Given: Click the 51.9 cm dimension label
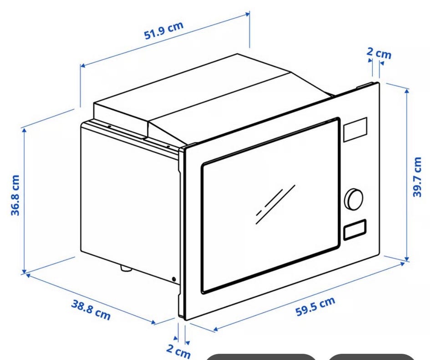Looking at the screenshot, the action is (x=164, y=30).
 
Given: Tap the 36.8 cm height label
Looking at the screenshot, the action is (x=15, y=195).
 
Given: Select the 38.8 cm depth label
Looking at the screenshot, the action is (x=91, y=310).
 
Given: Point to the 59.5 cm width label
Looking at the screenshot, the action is (x=315, y=306).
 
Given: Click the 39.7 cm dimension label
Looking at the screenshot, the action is (x=417, y=177).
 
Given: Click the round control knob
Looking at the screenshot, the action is (x=354, y=199).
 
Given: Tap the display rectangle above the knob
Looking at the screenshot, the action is (x=355, y=130).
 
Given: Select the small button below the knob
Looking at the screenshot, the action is (x=355, y=229).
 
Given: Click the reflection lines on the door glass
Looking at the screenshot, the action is (x=275, y=204).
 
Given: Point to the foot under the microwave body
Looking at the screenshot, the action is (x=126, y=269).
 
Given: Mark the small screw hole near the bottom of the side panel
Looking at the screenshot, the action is (x=174, y=279).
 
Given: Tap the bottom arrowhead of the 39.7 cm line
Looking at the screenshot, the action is (x=407, y=259).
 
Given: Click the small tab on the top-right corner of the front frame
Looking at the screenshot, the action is (x=364, y=85).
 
